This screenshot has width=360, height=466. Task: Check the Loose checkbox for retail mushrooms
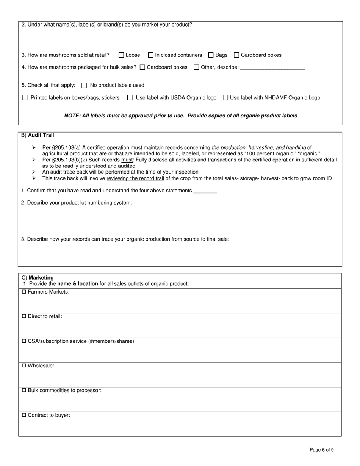click(x=121, y=55)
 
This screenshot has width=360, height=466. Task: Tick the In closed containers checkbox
click(x=150, y=55)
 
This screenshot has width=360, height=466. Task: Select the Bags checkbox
click(x=211, y=55)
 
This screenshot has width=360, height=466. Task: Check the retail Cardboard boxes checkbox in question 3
click(x=236, y=55)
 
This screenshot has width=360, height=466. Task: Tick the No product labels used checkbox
click(x=85, y=85)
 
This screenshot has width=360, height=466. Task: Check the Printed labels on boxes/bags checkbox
click(x=25, y=98)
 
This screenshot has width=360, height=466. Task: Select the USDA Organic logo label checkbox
click(x=130, y=98)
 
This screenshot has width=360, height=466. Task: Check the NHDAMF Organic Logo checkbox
click(x=225, y=98)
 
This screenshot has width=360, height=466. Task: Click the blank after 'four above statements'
click(x=205, y=191)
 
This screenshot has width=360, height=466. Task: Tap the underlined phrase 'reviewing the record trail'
click(x=135, y=178)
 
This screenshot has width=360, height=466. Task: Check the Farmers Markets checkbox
click(x=24, y=292)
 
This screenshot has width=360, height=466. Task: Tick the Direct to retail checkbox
click(x=24, y=316)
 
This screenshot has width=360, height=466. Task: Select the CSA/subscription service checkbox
click(x=24, y=341)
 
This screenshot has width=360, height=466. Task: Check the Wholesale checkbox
click(x=24, y=366)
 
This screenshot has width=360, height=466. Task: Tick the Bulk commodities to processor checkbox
click(x=24, y=390)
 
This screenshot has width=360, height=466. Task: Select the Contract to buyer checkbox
click(x=24, y=415)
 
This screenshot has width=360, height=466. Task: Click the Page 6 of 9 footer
click(x=322, y=450)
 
